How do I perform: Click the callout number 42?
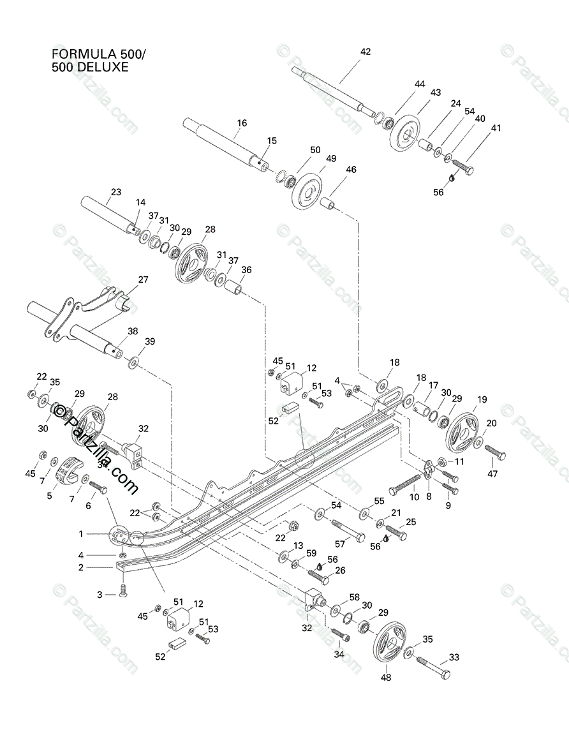[366, 52]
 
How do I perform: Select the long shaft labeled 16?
[223, 140]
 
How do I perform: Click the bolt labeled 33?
[434, 667]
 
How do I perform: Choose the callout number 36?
[246, 270]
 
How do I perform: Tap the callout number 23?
[115, 192]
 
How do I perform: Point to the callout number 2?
[81, 567]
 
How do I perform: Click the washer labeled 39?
[135, 363]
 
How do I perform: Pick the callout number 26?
[340, 570]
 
